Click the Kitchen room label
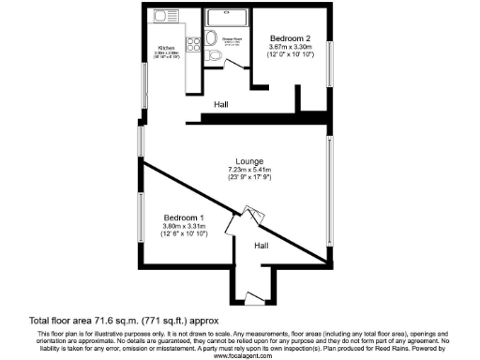click(x=167, y=46)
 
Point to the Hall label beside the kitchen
click(x=221, y=104)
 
